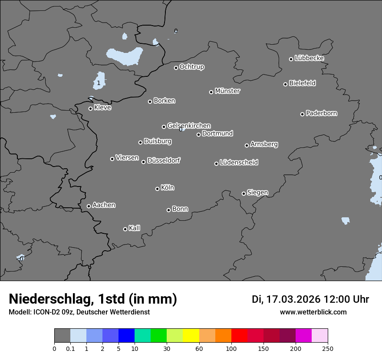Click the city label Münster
point(227,91)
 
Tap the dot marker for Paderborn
point(303,114)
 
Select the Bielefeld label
point(302,83)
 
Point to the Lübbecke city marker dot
point(291,59)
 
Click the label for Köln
point(168,188)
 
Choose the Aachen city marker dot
point(89,206)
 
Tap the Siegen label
point(257,193)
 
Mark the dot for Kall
point(125,229)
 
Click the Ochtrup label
point(192,67)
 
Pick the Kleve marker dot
point(90,108)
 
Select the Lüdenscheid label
point(239,163)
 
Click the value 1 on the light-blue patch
point(99,82)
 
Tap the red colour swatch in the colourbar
point(239,336)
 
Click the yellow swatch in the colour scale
point(191,336)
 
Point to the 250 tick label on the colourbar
point(328,348)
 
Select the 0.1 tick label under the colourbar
point(70,348)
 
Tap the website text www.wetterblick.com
point(313,312)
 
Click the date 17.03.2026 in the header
point(293,299)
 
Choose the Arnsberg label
point(264,144)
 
